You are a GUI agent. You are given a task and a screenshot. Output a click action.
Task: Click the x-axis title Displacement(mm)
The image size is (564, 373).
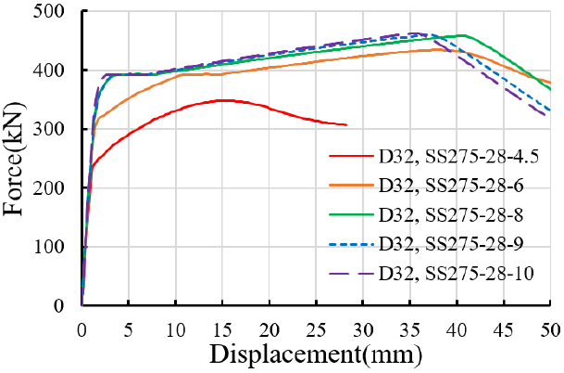point(316,354)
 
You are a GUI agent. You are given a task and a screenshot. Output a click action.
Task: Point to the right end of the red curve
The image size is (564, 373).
point(346,125)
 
